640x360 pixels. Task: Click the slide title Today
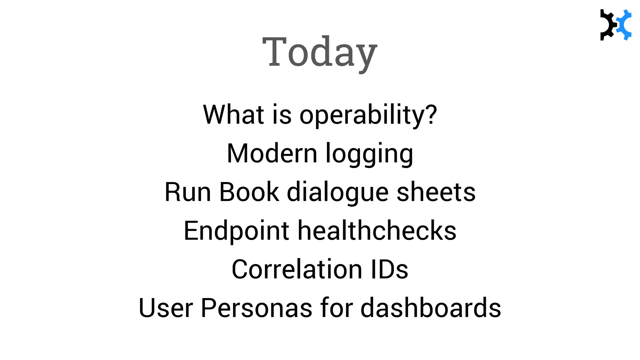pyautogui.click(x=320, y=52)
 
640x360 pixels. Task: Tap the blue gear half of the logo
pyautogui.click(x=624, y=25)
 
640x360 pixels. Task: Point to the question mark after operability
pyautogui.click(x=431, y=114)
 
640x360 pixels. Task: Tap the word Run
pyautogui.click(x=187, y=192)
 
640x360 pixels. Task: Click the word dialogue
pyautogui.click(x=337, y=192)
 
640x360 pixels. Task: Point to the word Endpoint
pyautogui.click(x=236, y=231)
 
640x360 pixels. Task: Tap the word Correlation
pyautogui.click(x=297, y=269)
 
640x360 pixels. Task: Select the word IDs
pyautogui.click(x=389, y=269)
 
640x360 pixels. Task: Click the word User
pyautogui.click(x=166, y=308)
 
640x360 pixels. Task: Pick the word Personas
pyautogui.click(x=256, y=308)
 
